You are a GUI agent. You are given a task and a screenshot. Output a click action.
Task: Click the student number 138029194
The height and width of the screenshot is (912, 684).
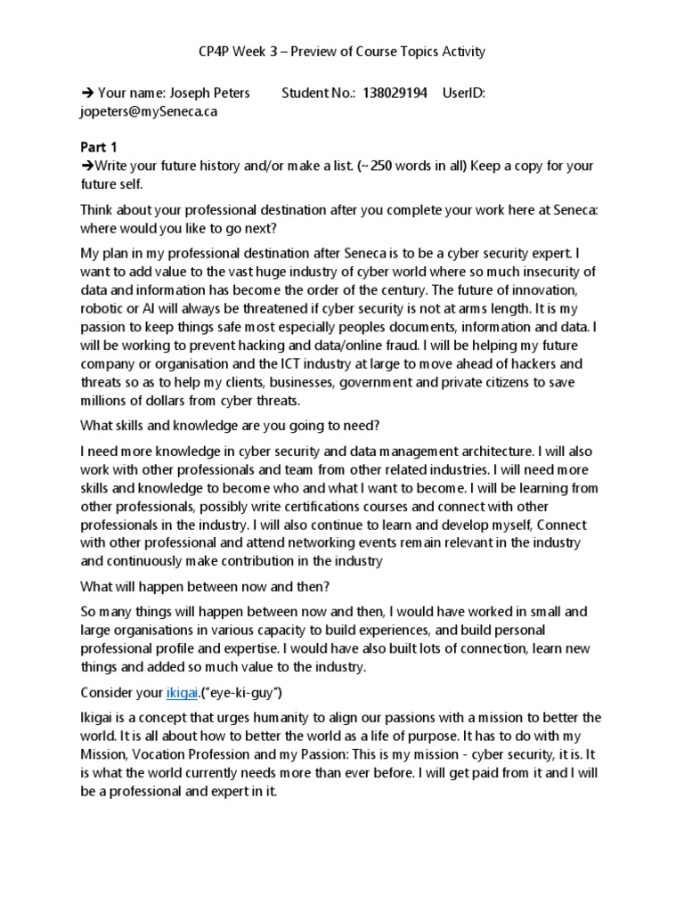point(395,93)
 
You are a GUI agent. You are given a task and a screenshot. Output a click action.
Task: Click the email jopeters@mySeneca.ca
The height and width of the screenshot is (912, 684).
point(149,111)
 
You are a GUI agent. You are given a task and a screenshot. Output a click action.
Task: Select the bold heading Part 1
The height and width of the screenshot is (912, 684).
point(99,147)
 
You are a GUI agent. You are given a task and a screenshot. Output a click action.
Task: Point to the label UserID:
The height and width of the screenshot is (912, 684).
point(463,93)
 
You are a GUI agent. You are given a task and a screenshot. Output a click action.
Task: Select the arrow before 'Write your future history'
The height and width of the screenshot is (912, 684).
point(86,166)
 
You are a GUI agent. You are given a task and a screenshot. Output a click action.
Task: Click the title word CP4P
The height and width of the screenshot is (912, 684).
point(215,51)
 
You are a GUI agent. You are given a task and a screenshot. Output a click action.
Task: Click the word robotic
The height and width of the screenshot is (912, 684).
point(103,308)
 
